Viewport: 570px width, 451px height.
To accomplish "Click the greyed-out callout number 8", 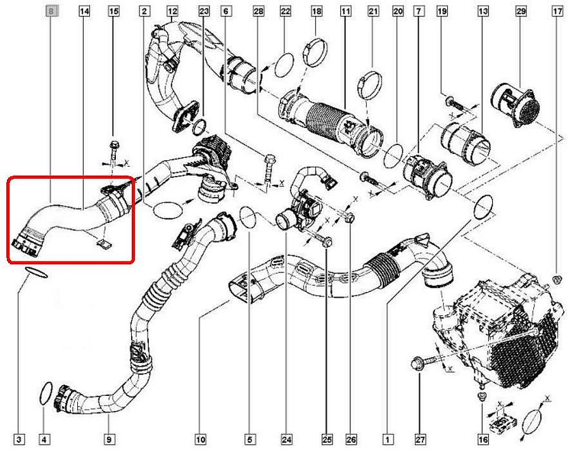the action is pyautogui.click(x=51, y=11).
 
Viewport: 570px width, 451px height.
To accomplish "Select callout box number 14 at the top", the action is pyautogui.click(x=84, y=11).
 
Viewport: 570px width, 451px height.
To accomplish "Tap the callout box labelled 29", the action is pyautogui.click(x=521, y=11).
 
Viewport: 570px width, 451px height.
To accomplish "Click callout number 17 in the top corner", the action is pyautogui.click(x=557, y=11).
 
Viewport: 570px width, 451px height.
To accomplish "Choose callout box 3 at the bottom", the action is pyautogui.click(x=19, y=440).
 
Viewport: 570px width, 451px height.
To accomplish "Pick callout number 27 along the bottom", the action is pyautogui.click(x=420, y=440).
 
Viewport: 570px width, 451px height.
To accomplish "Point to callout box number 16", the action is pyautogui.click(x=483, y=440).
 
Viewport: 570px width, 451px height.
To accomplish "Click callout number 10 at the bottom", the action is pyautogui.click(x=201, y=440).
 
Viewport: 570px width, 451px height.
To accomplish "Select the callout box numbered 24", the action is pyautogui.click(x=286, y=440).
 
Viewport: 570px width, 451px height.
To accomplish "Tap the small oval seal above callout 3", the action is pyautogui.click(x=36, y=272).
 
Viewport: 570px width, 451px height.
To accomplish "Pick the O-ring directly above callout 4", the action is pyautogui.click(x=45, y=393).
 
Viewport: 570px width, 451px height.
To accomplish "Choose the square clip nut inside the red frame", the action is pyautogui.click(x=104, y=242).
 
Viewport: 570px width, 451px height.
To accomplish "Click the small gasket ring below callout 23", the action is pyautogui.click(x=198, y=126).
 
